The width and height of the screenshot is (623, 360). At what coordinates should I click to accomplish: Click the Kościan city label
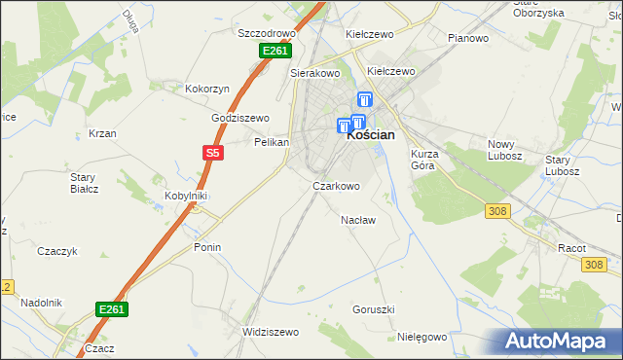coord(371,136)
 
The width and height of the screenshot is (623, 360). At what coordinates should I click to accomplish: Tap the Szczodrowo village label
coord(267,32)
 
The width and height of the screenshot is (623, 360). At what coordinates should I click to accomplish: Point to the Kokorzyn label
coord(207,89)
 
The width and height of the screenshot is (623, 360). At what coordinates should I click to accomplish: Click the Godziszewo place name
coord(240,118)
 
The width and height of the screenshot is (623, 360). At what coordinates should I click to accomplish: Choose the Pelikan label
coord(272,142)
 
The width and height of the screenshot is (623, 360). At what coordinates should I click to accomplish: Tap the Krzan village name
coord(102,133)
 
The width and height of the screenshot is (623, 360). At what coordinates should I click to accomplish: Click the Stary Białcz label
coord(84,182)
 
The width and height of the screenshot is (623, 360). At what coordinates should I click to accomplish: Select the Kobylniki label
coord(188,195)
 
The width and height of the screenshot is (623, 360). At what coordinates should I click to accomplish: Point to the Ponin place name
coord(207,247)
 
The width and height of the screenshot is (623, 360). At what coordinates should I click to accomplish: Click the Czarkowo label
coord(336,186)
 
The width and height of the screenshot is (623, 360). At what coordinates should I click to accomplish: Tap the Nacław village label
coord(358,220)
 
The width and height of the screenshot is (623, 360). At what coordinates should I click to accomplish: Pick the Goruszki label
coord(374,309)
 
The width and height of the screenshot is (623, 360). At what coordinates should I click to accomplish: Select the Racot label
coord(571,248)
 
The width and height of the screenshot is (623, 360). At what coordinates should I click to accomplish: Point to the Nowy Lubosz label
coord(505,150)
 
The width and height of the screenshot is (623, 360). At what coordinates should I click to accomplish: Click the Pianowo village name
coord(467,38)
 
